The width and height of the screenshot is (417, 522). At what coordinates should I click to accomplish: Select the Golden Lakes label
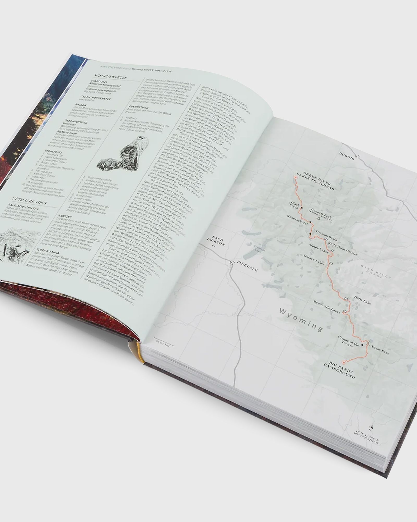pyautogui.click(x=316, y=261)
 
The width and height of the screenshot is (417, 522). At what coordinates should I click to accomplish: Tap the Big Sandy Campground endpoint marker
pyautogui.click(x=344, y=363)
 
